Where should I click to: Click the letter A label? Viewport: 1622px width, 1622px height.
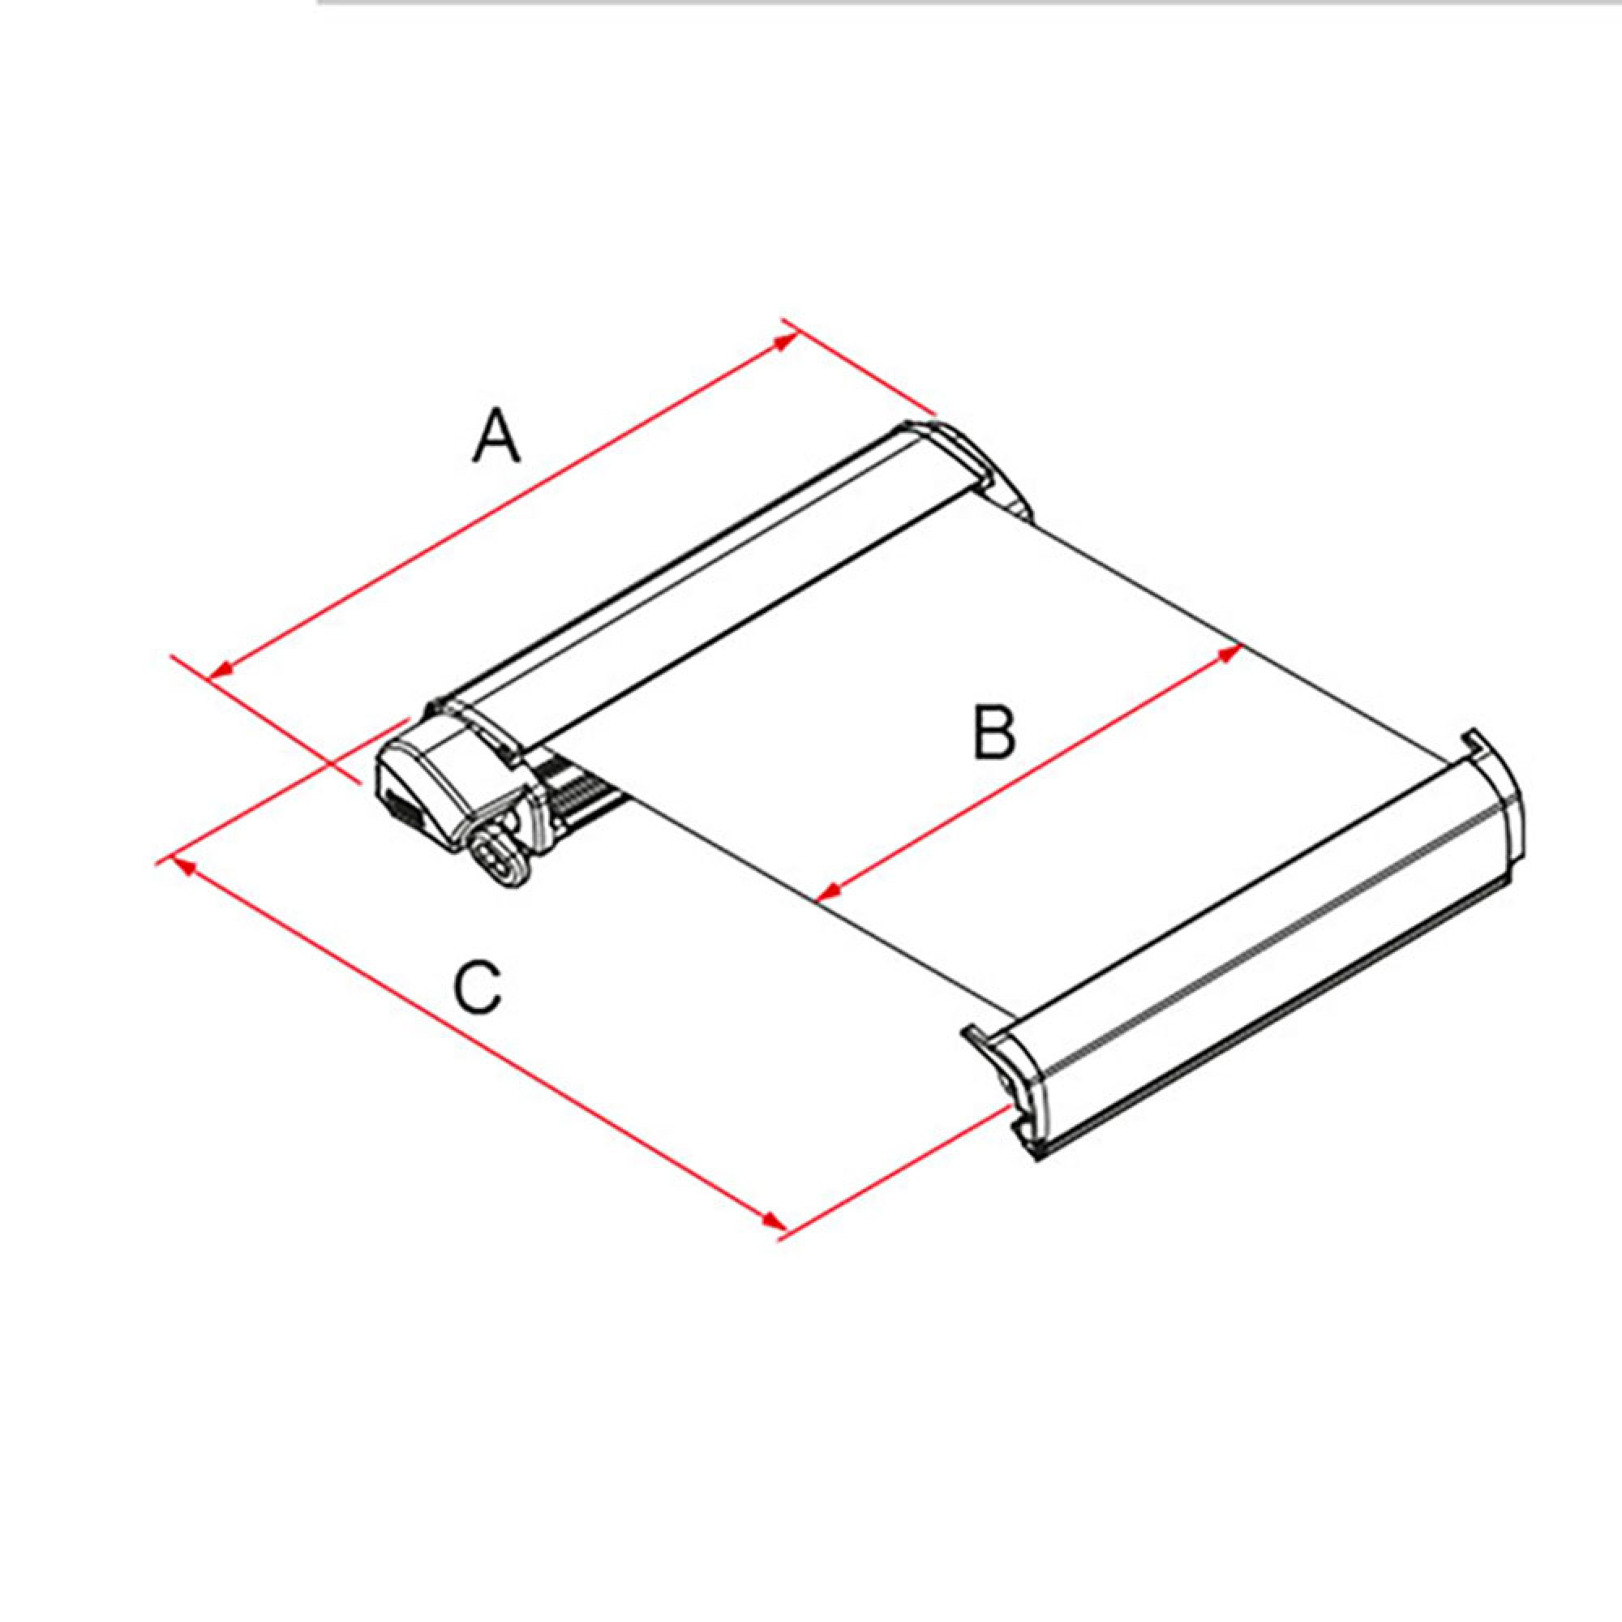point(496,434)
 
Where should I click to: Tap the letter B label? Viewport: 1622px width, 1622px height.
point(994,732)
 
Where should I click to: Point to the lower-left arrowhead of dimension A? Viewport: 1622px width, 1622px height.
point(220,669)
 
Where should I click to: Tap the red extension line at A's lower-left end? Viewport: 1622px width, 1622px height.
point(268,719)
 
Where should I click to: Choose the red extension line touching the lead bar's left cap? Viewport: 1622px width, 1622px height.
point(894,1174)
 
